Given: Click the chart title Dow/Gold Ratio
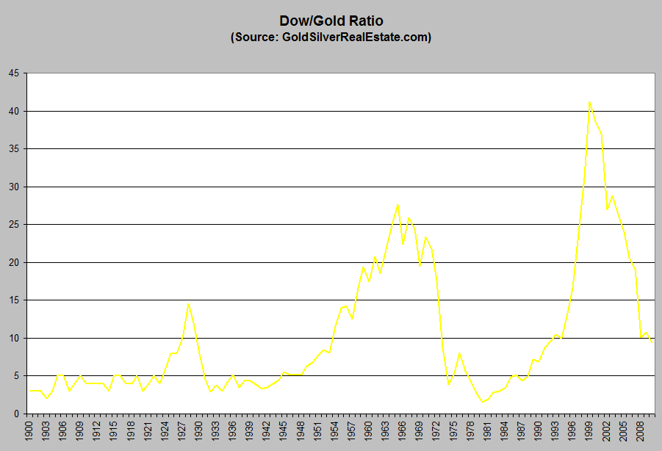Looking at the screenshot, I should coord(331,21).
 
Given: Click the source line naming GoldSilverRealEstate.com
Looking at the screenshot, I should coord(331,37).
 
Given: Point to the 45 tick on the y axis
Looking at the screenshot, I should coord(15,73).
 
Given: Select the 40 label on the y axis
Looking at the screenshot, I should coord(15,111).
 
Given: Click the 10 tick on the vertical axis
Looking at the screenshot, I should coord(15,338).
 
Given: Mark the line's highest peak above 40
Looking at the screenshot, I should coord(589,102).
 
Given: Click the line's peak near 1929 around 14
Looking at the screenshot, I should coord(188,304).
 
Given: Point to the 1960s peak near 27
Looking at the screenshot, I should coord(397,205).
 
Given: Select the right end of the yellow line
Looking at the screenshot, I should coord(652,343).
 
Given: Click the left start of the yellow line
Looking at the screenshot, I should coord(29,391).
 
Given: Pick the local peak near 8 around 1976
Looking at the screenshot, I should coord(459,353).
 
